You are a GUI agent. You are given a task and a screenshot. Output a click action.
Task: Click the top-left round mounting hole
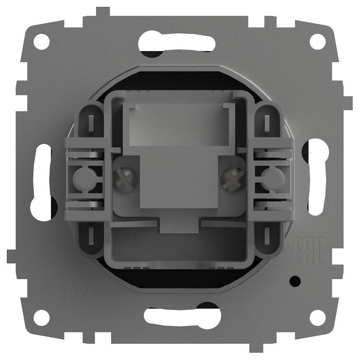pos(42,41)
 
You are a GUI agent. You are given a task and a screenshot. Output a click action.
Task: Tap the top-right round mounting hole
pos(317,41)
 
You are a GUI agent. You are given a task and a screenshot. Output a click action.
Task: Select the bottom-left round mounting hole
pos(42,317)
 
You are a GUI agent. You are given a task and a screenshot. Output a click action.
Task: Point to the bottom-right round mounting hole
pos(317,317)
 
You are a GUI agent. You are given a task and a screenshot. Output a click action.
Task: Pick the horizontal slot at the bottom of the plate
pos(180,316)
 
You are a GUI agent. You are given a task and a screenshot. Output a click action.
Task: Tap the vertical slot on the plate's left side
pos(42,180)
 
